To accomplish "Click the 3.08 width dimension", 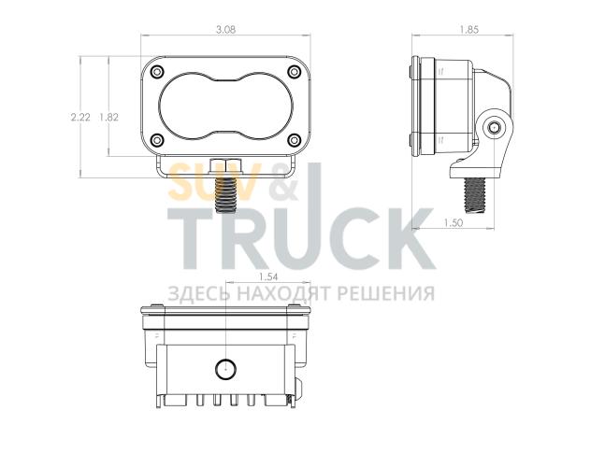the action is tap(225, 30).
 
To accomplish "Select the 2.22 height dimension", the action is tap(80, 117).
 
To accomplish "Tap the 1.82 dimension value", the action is tap(108, 117).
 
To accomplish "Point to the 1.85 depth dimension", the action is tap(469, 30).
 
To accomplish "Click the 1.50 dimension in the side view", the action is tap(453, 222).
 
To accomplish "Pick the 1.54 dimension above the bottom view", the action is tap(268, 276).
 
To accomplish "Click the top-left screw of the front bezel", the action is tap(157, 72).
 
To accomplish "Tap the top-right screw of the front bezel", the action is tap(294, 72).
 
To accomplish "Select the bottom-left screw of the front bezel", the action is tap(157, 140).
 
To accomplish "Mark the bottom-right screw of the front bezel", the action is tap(294, 140).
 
